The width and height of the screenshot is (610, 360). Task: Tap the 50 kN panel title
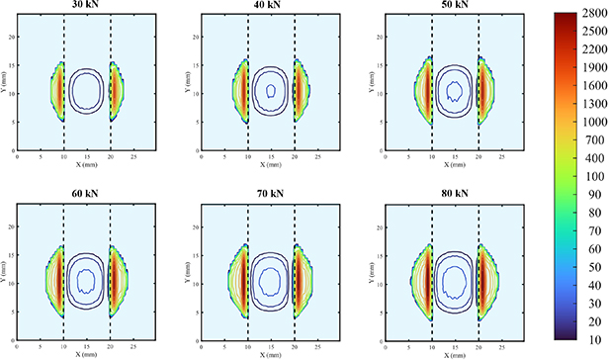point(455,6)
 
